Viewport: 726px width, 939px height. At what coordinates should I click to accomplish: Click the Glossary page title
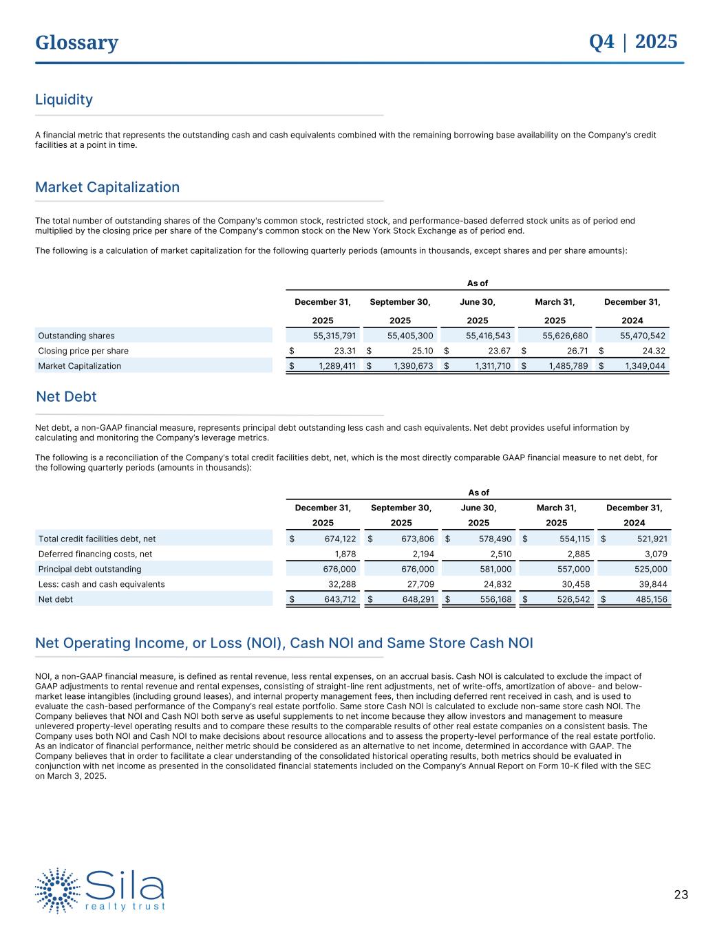coord(76,43)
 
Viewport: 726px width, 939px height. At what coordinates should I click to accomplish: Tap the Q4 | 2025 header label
coord(633,42)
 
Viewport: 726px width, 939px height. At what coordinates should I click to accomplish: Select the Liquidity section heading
coord(64,100)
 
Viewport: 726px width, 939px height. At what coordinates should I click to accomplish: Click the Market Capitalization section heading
coord(107,187)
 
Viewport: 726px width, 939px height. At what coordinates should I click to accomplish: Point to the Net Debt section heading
coord(66,397)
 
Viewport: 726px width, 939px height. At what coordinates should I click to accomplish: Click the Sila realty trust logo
coord(100,890)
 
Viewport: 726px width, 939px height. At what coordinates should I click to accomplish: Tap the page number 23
coord(681,895)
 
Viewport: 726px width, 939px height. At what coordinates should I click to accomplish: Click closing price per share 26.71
coord(575,351)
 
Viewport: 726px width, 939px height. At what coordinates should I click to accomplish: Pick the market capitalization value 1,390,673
coord(412,366)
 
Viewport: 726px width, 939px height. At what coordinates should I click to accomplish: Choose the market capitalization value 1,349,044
coord(644,366)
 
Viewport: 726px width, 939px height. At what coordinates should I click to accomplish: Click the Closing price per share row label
coord(83,351)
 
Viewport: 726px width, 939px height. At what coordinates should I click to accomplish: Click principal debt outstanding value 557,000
coord(573,570)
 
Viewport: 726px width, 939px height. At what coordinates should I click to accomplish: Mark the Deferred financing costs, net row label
coord(95,554)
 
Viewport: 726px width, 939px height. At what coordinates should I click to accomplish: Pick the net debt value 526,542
coord(573,600)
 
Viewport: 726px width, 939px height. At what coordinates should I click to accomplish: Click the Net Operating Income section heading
coord(284,643)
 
